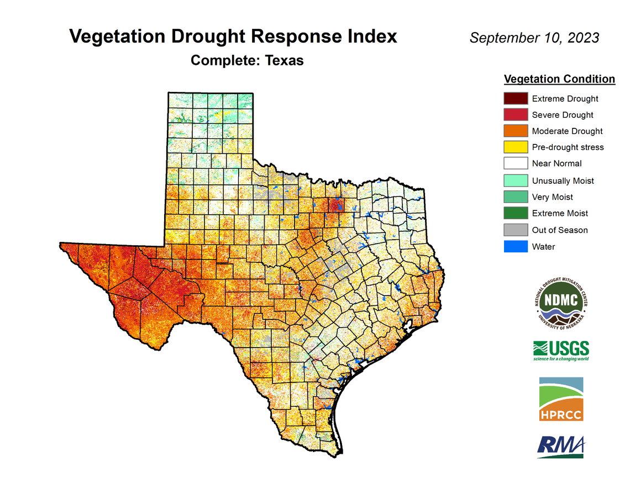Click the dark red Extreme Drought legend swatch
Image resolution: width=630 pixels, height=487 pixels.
coord(516,99)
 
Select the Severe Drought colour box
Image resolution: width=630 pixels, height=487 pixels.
coord(516,115)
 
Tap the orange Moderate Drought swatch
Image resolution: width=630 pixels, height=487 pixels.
coord(516,131)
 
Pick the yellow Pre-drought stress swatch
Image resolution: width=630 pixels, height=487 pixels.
coord(516,147)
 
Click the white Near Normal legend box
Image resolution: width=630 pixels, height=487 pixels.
coord(516,163)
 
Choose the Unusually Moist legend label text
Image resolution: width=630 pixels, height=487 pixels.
coord(563,180)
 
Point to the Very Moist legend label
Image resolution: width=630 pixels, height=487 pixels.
coord(552,197)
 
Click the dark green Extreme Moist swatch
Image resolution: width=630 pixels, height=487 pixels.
coord(516,213)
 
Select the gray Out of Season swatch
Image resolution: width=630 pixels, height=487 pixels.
coord(516,230)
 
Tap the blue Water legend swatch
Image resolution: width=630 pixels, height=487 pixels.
coord(516,246)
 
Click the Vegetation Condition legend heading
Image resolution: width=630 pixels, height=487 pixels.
coord(559,79)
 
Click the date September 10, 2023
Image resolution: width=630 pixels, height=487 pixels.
coord(534,38)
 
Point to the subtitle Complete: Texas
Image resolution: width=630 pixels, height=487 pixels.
coord(247,60)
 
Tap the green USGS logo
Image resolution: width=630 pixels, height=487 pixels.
coord(561,350)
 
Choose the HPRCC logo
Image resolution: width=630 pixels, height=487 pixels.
coord(561,399)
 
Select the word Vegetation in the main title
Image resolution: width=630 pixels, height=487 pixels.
coord(114,37)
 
